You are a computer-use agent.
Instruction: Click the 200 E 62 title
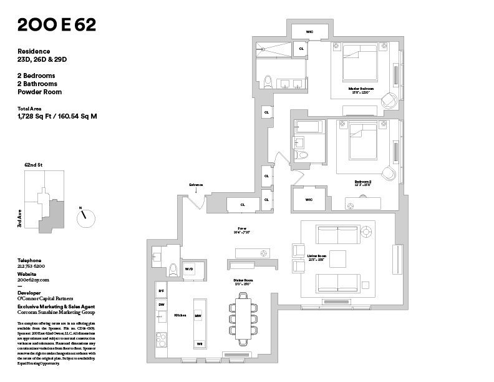click(x=57, y=26)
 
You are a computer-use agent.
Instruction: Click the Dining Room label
click(x=243, y=281)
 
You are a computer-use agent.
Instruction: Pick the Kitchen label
click(x=181, y=316)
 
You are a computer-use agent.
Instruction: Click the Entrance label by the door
click(x=197, y=185)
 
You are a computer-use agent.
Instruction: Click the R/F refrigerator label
click(x=161, y=291)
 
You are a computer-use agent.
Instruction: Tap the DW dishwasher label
click(x=161, y=305)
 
